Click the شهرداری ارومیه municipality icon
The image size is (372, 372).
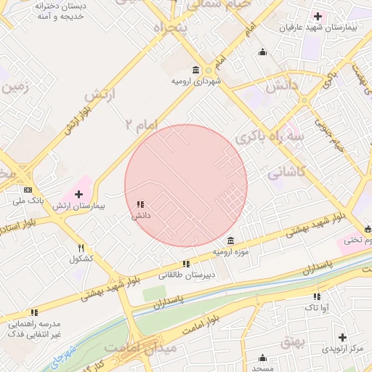tap(196, 70)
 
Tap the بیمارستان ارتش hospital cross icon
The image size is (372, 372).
tap(79, 194)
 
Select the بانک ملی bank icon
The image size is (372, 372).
tap(28, 190)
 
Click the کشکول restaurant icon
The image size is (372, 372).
tap(81, 248)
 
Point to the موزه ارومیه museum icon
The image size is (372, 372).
tap(230, 240)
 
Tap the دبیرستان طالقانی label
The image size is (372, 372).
tap(187, 275)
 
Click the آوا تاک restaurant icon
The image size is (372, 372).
tap(317, 296)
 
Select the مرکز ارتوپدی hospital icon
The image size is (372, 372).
tap(343, 337)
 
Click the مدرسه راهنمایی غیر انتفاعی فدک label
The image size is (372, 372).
tap(34, 328)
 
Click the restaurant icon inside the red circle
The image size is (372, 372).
tap(140, 205)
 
